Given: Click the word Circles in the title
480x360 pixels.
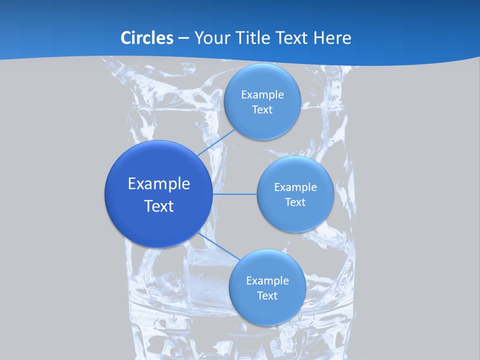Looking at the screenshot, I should point(147,37).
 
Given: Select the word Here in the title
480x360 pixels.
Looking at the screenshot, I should point(332,37).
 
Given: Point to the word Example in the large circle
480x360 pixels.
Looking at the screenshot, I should point(159,183).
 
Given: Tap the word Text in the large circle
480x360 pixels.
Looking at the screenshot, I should point(159,206).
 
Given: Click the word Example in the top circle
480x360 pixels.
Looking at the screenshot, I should point(262,94).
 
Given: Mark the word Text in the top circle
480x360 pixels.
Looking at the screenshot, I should point(262,109).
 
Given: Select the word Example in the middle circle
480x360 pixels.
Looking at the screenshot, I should point(295,187).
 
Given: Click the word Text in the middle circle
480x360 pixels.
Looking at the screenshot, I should point(295,202).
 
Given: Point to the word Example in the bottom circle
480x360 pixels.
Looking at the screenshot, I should point(267,280).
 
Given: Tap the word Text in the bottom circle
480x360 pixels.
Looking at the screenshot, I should point(267,295).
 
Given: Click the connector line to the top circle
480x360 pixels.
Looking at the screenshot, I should point(216,142).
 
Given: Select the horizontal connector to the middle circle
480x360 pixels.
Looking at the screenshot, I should point(234,194).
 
